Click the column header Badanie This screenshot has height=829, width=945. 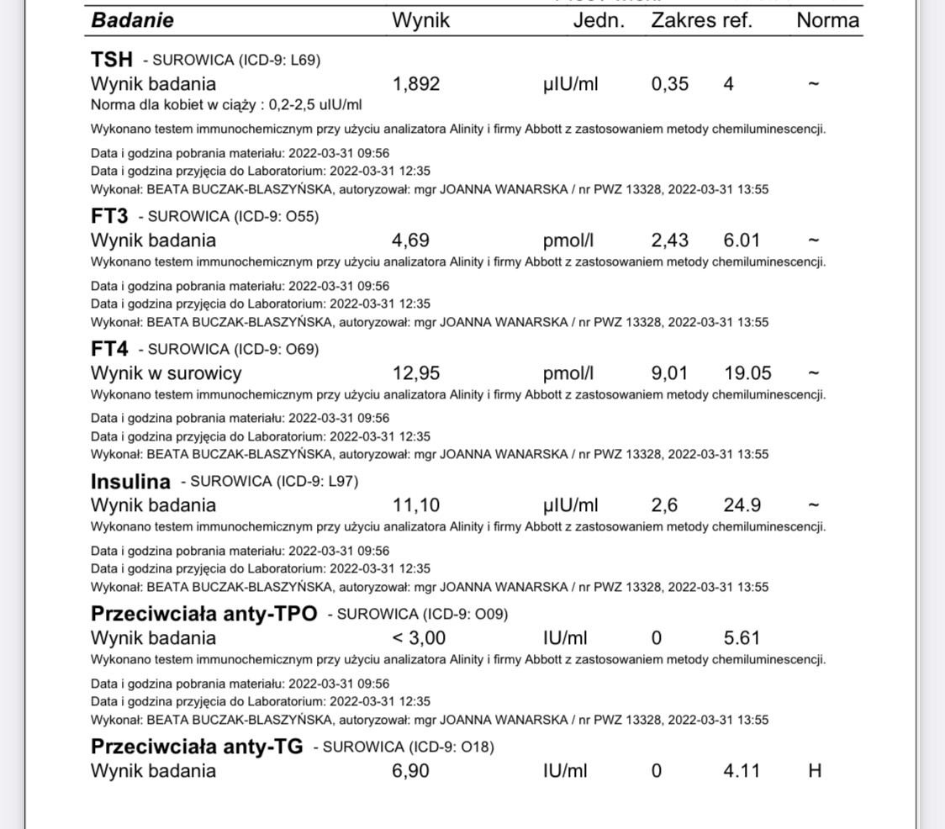point(132,21)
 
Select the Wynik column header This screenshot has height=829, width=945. point(420,21)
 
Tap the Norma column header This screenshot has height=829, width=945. point(827,21)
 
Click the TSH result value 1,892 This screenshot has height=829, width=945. point(416,84)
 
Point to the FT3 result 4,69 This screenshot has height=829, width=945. point(410,240)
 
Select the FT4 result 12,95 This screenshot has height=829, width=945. point(416,373)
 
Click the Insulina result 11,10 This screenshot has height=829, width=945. point(415,505)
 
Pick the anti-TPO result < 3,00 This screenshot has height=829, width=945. point(419,638)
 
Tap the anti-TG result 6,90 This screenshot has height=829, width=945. point(410,770)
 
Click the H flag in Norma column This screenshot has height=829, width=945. point(814,770)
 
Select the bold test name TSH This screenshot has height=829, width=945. point(112,60)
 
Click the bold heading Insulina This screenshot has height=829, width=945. point(130,482)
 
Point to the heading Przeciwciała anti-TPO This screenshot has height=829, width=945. point(204,614)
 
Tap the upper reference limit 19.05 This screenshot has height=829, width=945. point(747,373)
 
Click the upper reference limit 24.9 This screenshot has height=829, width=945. point(742,505)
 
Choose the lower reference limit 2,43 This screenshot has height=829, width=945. point(669,240)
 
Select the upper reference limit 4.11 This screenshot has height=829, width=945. point(742,770)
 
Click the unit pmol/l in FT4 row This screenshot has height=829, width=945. point(568,373)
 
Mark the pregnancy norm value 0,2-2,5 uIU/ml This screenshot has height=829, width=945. point(280,105)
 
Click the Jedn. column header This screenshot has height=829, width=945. point(599,21)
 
